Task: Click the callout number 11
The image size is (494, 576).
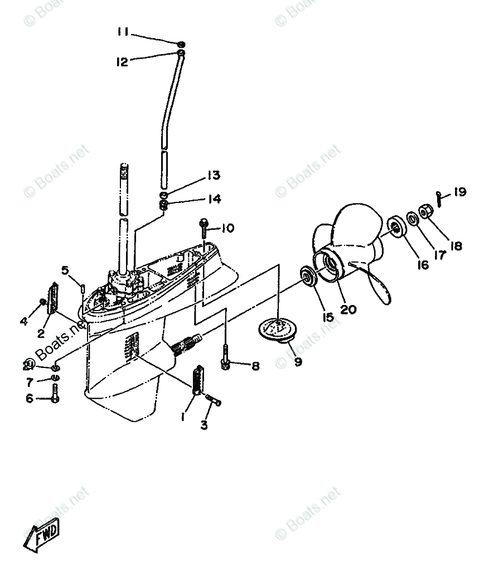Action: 123,32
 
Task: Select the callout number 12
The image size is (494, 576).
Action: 122,62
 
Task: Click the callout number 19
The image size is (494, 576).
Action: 459,192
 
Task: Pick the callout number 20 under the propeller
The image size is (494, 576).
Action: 348,308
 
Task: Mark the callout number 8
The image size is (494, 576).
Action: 255,366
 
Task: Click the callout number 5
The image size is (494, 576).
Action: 65,271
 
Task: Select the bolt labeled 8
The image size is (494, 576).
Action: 226,357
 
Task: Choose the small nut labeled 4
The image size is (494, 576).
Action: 42,302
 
